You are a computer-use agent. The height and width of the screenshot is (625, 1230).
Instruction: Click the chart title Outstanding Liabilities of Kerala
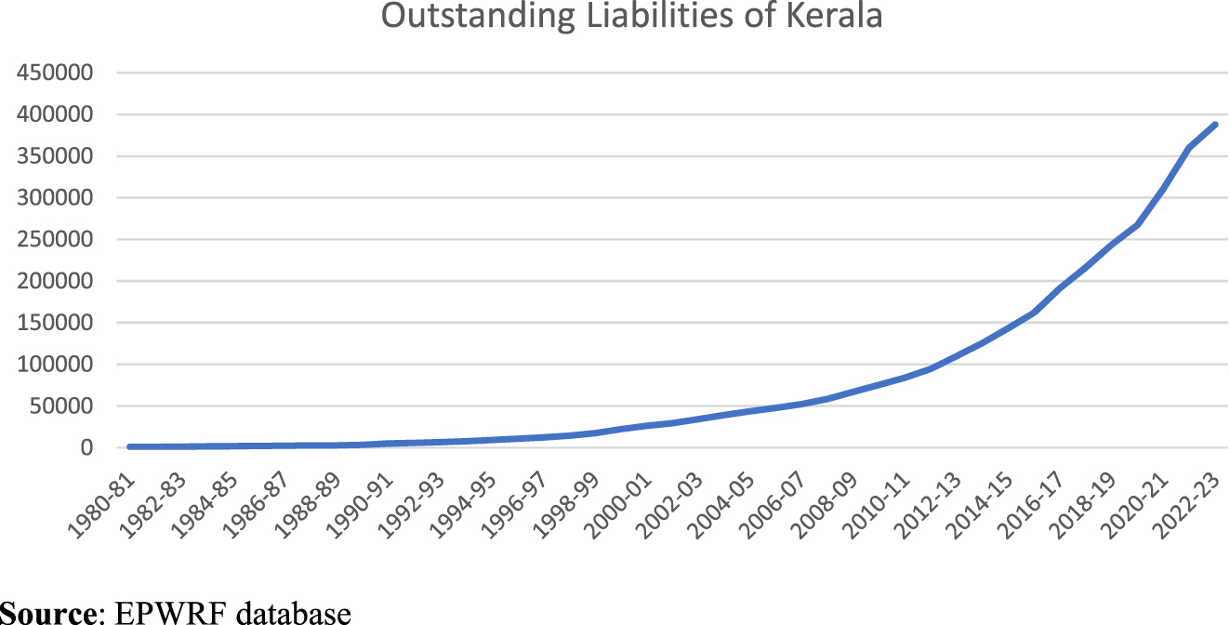click(x=631, y=18)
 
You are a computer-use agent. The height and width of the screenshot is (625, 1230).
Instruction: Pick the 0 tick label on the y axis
click(x=86, y=448)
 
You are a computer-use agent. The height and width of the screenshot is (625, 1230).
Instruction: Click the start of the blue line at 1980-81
click(x=129, y=446)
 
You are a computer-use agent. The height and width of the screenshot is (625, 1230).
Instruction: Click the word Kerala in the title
click(x=832, y=18)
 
